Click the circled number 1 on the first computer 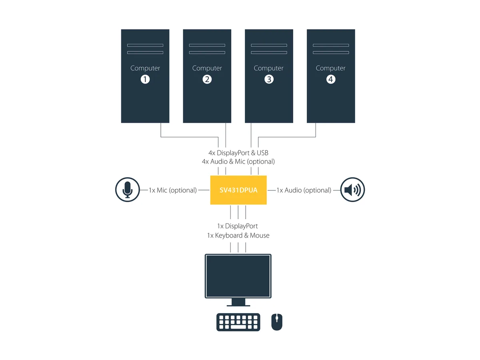[x=145, y=79]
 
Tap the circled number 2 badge [x=207, y=79]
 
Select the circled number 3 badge [x=269, y=79]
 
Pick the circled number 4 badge [x=331, y=79]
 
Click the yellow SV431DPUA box [x=238, y=190]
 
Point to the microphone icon [x=128, y=190]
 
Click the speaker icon [x=352, y=190]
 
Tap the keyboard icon [x=238, y=322]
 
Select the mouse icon [x=277, y=322]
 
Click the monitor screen [x=238, y=276]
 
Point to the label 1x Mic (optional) [x=173, y=190]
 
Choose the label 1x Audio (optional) [x=304, y=190]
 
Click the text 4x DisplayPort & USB [x=238, y=153]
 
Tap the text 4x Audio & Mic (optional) [x=238, y=162]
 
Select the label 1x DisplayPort [x=238, y=226]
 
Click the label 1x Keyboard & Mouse [x=238, y=236]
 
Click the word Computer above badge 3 [x=268, y=68]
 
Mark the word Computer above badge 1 [x=145, y=68]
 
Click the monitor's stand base [x=238, y=306]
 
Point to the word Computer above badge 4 [x=331, y=68]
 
